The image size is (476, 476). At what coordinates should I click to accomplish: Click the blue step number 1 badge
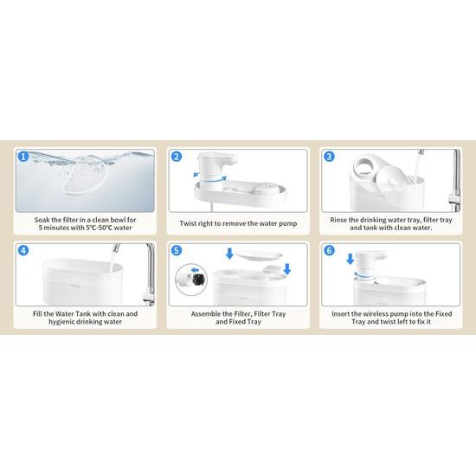pyautogui.click(x=23, y=157)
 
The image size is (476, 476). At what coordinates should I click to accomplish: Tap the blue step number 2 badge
pyautogui.click(x=177, y=157)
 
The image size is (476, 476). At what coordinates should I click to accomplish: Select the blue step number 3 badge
pyautogui.click(x=330, y=157)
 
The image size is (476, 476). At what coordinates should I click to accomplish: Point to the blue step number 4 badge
pyautogui.click(x=23, y=250)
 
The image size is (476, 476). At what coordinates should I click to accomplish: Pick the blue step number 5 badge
pyautogui.click(x=177, y=250)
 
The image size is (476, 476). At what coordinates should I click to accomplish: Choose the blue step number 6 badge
pyautogui.click(x=330, y=250)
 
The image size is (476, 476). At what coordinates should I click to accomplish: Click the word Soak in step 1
pyautogui.click(x=42, y=220)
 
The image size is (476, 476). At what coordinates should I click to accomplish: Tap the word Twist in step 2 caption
pyautogui.click(x=188, y=223)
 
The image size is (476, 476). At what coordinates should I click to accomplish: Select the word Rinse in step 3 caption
pyautogui.click(x=338, y=220)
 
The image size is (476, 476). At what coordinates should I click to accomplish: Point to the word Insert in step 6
pyautogui.click(x=340, y=314)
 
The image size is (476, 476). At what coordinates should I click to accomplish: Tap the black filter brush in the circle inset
pyautogui.click(x=198, y=278)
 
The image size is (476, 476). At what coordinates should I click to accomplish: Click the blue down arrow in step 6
pyautogui.click(x=351, y=260)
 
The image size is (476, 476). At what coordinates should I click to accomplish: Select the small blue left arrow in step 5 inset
pyautogui.click(x=195, y=269)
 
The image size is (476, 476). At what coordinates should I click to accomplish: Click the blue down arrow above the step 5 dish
pyautogui.click(x=229, y=254)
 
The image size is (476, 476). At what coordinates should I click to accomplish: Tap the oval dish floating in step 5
pyautogui.click(x=259, y=255)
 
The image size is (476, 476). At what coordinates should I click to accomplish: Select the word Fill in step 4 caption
pyautogui.click(x=37, y=314)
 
